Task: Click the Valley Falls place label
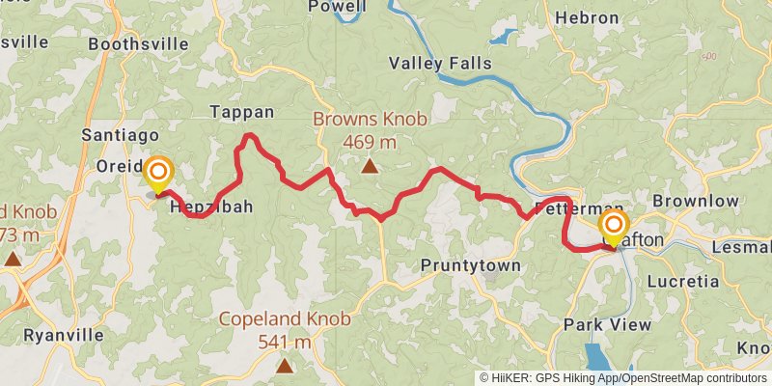(x=440, y=64)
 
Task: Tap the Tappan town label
(x=242, y=112)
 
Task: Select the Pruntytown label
(x=471, y=265)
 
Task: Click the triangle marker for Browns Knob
(x=369, y=167)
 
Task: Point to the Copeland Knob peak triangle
(x=285, y=366)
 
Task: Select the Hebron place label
(x=586, y=17)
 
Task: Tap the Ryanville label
(x=63, y=335)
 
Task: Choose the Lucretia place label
(x=683, y=282)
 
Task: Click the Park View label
(x=608, y=324)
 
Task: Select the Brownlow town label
(x=695, y=201)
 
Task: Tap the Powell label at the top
(x=337, y=7)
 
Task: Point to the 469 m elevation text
(x=370, y=142)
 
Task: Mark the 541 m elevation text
(x=285, y=341)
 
